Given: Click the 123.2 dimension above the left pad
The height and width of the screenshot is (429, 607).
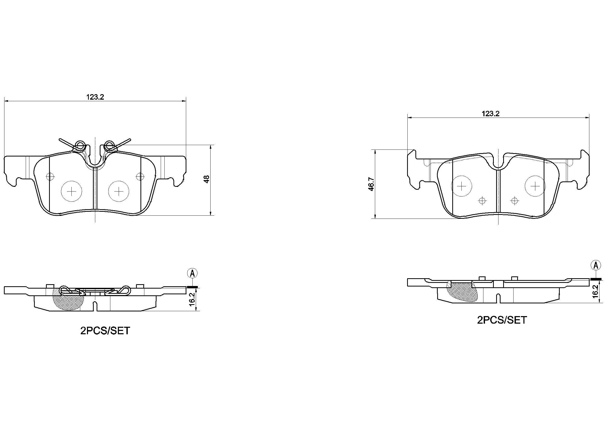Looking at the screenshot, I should pyautogui.click(x=95, y=97).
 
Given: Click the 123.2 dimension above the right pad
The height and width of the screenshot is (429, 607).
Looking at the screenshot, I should pyautogui.click(x=490, y=114).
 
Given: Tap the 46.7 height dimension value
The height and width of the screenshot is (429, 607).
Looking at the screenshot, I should pyautogui.click(x=371, y=184).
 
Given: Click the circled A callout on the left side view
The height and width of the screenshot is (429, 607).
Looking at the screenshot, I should pyautogui.click(x=192, y=273).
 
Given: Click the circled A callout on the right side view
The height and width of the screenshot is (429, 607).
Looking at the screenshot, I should pyautogui.click(x=596, y=265).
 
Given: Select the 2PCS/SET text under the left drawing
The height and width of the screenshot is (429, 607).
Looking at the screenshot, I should pyautogui.click(x=105, y=331).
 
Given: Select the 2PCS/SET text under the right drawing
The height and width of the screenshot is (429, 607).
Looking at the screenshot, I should pyautogui.click(x=502, y=320).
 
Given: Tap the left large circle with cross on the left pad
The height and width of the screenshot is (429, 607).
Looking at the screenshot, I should pyautogui.click(x=71, y=191).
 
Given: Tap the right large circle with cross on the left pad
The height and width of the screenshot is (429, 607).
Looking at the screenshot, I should pyautogui.click(x=119, y=191).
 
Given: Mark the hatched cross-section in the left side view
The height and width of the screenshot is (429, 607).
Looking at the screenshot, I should pyautogui.click(x=68, y=301).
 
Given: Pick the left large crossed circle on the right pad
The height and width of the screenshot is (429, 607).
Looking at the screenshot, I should pyautogui.click(x=461, y=186).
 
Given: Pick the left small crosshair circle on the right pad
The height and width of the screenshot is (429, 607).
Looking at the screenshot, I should pyautogui.click(x=482, y=201).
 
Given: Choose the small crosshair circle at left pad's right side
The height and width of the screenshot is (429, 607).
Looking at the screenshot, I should pyautogui.click(x=139, y=176).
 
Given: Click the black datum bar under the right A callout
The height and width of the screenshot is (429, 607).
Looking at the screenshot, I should pyautogui.click(x=596, y=279).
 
